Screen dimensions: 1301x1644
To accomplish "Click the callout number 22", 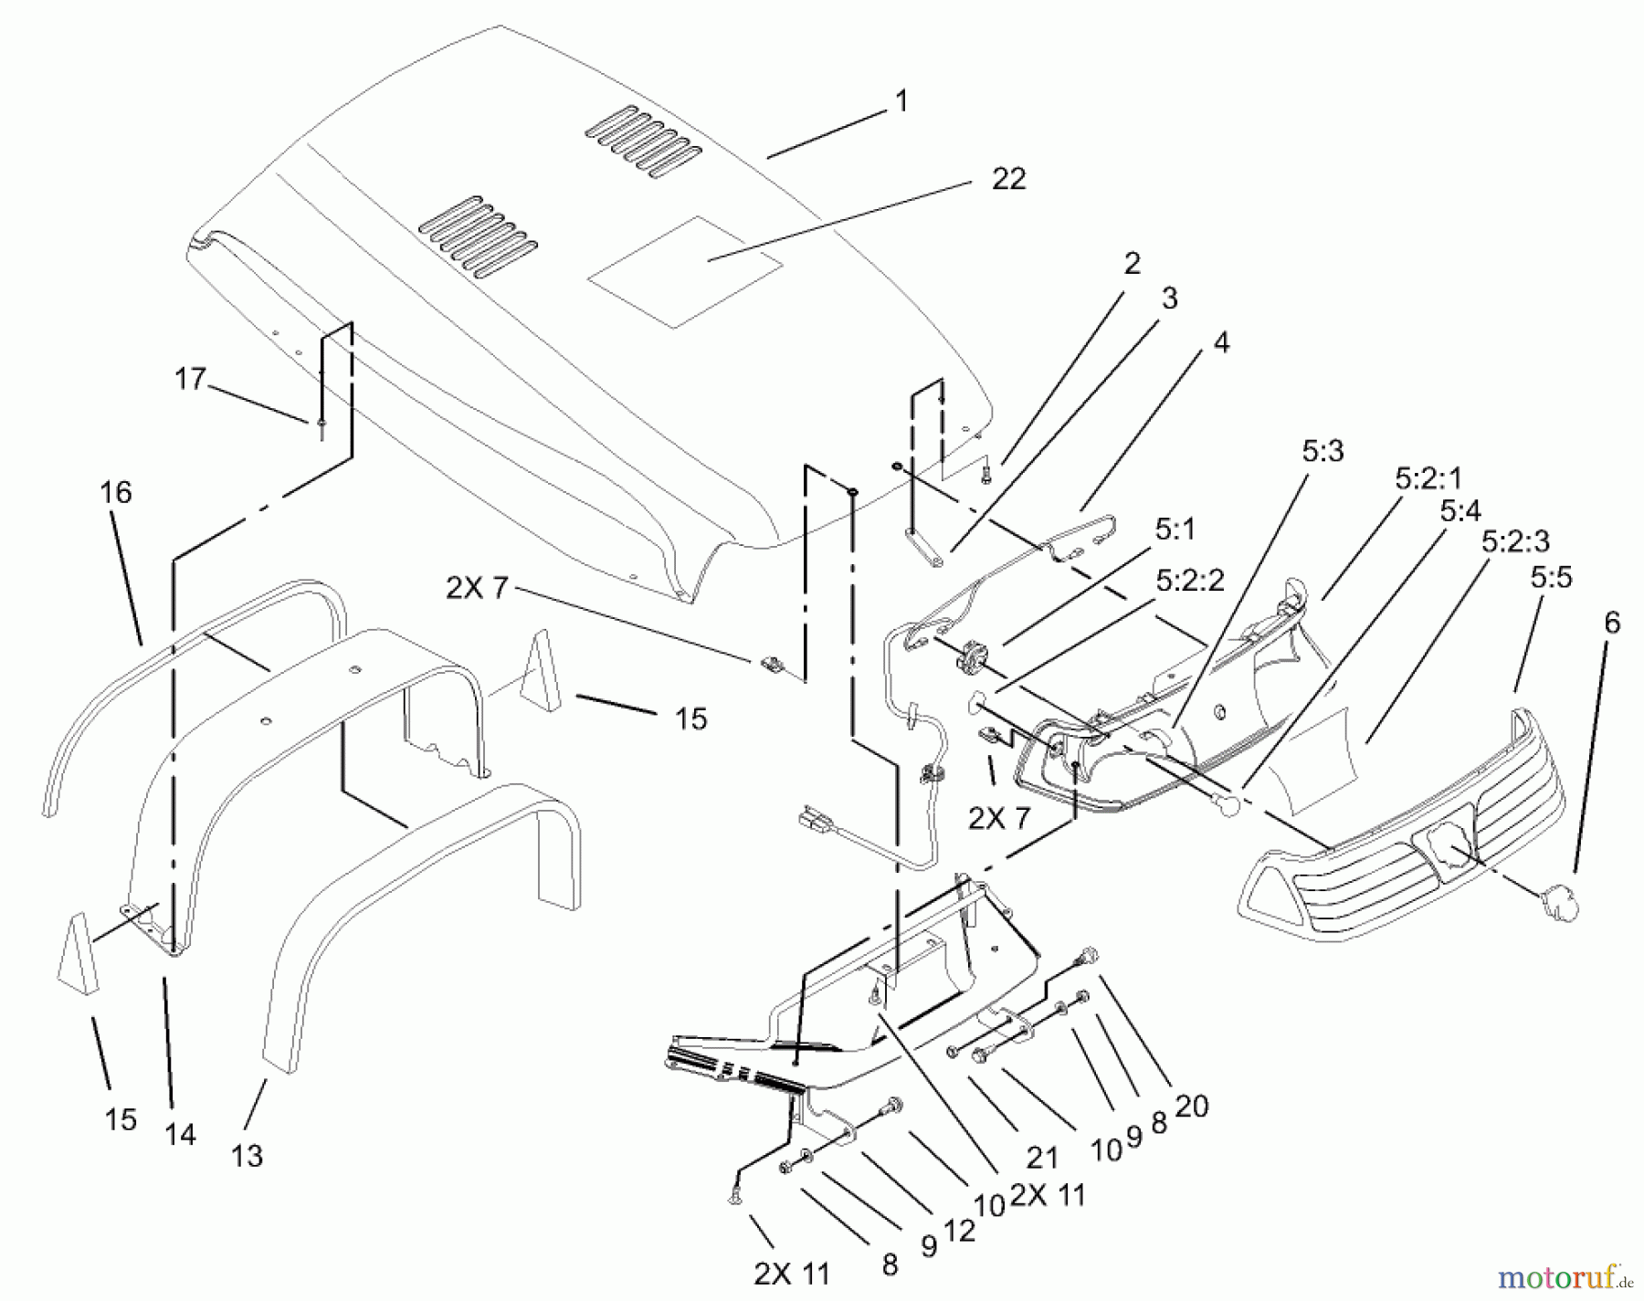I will [x=1008, y=179].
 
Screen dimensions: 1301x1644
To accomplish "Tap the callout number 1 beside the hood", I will [x=901, y=101].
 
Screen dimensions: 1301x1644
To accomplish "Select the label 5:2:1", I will [x=1428, y=477].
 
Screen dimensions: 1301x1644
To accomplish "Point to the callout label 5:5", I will [x=1551, y=577].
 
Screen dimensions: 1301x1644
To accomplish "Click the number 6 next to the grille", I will [x=1612, y=624].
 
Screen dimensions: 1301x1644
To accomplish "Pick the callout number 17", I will [x=190, y=378].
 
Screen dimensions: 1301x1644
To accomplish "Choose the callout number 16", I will [x=116, y=493].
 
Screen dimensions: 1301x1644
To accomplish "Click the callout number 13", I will [x=247, y=1156].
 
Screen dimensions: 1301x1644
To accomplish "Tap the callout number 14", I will [x=181, y=1135].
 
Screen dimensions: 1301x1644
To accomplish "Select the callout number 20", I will [x=1192, y=1106].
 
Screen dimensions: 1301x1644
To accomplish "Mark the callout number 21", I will [x=1041, y=1158].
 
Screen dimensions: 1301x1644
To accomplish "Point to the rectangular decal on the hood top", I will [x=685, y=272].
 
